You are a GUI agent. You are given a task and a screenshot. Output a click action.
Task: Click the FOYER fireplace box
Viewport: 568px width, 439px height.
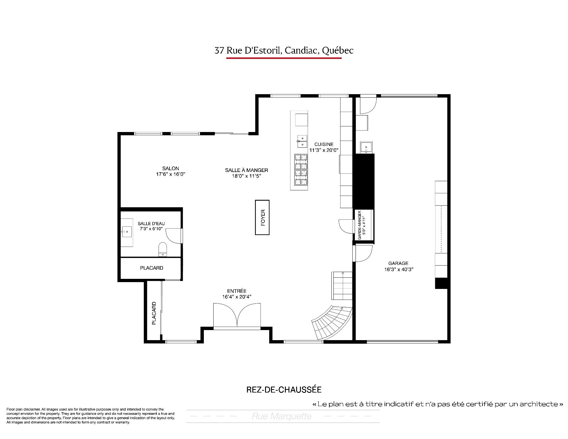pyautogui.click(x=262, y=218)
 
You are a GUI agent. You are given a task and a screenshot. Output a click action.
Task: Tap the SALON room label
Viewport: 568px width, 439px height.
pyautogui.click(x=171, y=168)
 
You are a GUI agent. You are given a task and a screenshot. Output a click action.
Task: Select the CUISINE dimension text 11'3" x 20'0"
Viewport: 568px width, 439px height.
pyautogui.click(x=324, y=150)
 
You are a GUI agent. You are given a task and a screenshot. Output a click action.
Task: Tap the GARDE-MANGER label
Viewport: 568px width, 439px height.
pyautogui.click(x=360, y=225)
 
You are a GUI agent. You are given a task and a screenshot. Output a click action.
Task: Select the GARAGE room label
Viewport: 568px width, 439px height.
pyautogui.click(x=398, y=263)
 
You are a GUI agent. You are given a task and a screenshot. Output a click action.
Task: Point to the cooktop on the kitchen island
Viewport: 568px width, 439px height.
pyautogui.click(x=301, y=170)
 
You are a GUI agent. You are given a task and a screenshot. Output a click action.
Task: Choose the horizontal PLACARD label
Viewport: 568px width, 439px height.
pyautogui.click(x=151, y=268)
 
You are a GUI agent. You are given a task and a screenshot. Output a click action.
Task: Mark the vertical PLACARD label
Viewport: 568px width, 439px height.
pyautogui.click(x=154, y=313)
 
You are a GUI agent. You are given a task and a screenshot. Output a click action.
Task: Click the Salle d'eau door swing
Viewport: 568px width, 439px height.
pyautogui.click(x=174, y=236)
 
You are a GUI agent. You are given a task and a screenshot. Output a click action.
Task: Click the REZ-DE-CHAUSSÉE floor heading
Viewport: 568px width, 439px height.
pyautogui.click(x=284, y=390)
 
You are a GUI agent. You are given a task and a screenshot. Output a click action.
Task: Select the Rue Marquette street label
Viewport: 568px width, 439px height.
pyautogui.click(x=282, y=417)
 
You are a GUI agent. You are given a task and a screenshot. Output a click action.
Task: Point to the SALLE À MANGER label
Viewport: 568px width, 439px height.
pyautogui.click(x=246, y=170)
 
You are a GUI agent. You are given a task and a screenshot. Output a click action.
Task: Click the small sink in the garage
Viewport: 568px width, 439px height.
pyautogui.click(x=366, y=147)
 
